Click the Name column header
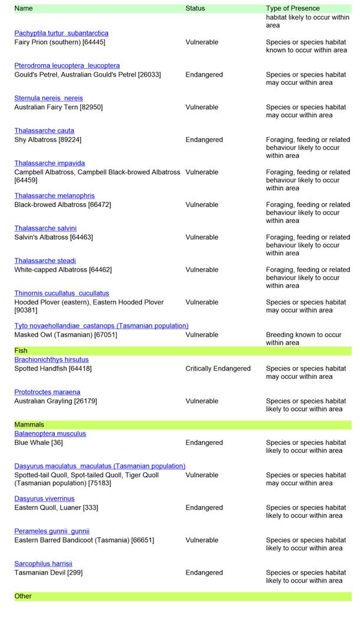pos(24,8)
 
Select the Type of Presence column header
pos(293,8)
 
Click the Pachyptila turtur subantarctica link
pos(61,33)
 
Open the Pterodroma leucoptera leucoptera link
pos(67,65)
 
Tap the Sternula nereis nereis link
pos(48,98)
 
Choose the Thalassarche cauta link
pos(44,130)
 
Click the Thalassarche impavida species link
pos(50,163)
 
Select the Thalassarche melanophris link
pos(54,195)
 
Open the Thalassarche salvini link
pos(45,228)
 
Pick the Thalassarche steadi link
pos(45,260)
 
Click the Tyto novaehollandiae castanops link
pos(101,325)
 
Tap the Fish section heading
pos(21,350)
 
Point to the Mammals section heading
pos(29,424)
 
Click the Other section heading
pos(23,596)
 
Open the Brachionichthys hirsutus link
pos(51,359)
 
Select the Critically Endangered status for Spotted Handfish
pos(218,369)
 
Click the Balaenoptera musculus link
pos(50,433)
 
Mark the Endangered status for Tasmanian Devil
pos(204,572)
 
